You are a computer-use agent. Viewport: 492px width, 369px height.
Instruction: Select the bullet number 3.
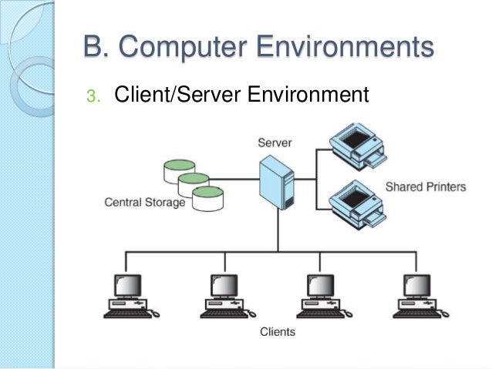(x=93, y=97)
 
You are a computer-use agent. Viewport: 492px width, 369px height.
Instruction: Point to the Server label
(x=275, y=143)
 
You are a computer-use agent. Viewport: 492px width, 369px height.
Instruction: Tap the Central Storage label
(x=145, y=203)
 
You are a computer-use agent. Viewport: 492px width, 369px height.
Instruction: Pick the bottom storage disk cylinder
(x=210, y=199)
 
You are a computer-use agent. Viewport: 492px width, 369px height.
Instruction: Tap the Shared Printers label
(x=426, y=187)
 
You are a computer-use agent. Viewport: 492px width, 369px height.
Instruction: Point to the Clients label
(x=277, y=333)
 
